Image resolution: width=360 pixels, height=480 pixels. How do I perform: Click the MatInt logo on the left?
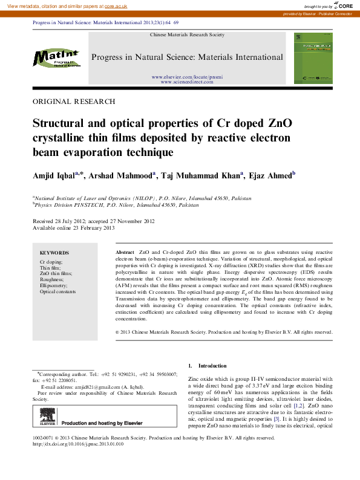(56, 59)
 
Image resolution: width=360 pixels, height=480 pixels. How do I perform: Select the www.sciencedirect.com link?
(188, 82)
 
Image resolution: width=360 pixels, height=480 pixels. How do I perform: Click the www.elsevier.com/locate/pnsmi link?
(188, 77)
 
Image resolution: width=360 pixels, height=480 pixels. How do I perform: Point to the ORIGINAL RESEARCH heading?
(73, 102)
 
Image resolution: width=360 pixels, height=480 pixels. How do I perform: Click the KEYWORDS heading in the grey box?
(54, 253)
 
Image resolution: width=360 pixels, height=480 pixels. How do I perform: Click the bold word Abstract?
(125, 251)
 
